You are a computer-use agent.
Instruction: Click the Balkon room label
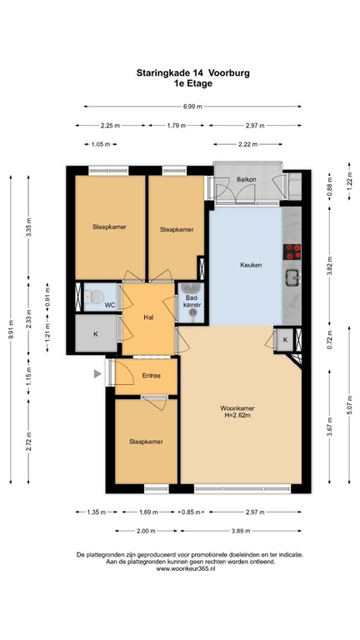[x=245, y=180]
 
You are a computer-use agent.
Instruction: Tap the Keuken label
[x=251, y=265]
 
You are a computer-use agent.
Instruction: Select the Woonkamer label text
[x=237, y=407]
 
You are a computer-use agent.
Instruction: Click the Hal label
[x=148, y=317]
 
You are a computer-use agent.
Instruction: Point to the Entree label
[x=151, y=377]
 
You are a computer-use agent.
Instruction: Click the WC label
[x=109, y=305]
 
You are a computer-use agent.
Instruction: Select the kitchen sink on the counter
[x=292, y=277]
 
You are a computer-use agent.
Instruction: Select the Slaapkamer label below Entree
[x=145, y=442]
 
